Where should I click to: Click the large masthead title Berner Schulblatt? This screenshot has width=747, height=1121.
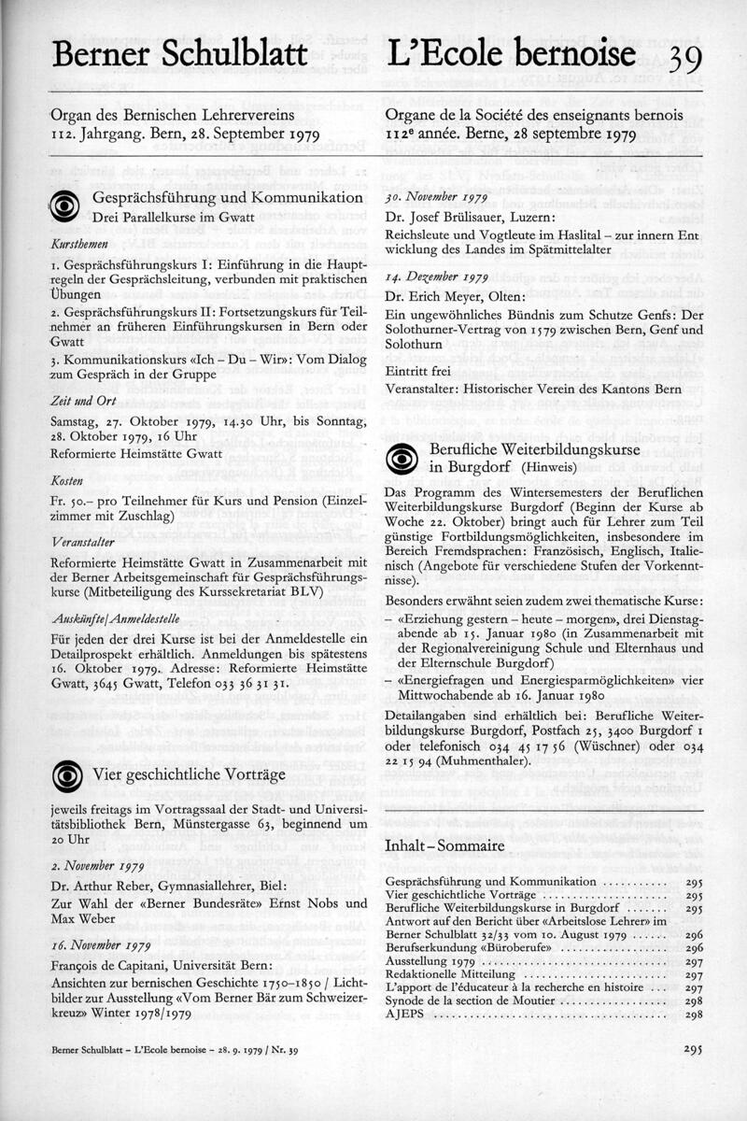[x=180, y=54]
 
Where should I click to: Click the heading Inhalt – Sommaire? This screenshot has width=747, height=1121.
[x=444, y=846]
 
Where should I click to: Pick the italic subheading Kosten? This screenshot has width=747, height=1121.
[x=67, y=479]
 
